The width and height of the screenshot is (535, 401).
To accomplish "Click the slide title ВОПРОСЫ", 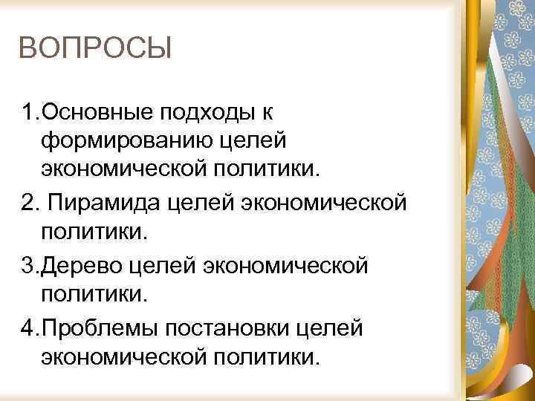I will point(95,50).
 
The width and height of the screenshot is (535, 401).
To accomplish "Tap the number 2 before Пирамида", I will point(27,203).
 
